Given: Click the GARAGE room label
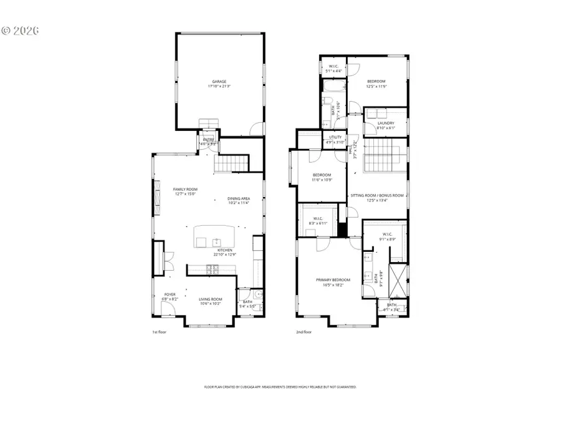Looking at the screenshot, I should (x=218, y=82).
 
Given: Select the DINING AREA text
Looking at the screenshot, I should (x=238, y=198).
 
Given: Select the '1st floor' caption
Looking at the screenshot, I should (x=160, y=332).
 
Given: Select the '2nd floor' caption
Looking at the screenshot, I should (x=304, y=332).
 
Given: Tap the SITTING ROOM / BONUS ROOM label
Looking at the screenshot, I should (x=377, y=195).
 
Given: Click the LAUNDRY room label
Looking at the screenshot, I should (x=386, y=123).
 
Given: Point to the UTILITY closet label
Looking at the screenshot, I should (x=335, y=137).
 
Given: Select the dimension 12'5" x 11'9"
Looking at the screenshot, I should (x=376, y=86).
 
